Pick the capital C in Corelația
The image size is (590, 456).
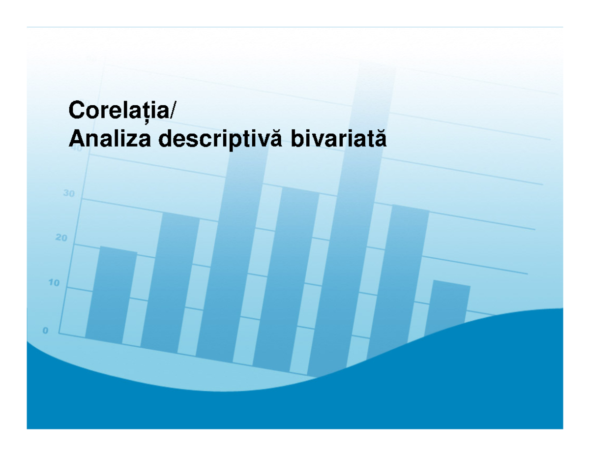point(77,110)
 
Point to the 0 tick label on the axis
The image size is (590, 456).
point(45,331)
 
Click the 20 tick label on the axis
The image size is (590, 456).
point(60,239)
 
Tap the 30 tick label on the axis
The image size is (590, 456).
point(69,194)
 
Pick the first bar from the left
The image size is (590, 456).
point(111,295)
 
